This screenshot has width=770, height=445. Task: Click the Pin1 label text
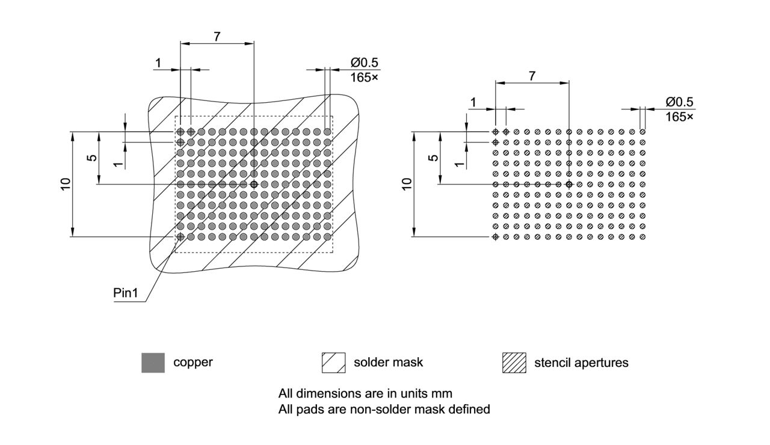[x=126, y=293]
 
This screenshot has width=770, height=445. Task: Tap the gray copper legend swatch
[x=153, y=363]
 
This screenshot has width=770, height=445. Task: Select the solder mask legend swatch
[x=333, y=363]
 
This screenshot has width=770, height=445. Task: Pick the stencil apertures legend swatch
[x=514, y=363]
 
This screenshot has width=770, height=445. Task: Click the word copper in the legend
[x=193, y=363]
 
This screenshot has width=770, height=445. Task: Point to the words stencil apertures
[x=581, y=363]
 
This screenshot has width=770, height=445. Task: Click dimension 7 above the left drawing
[x=217, y=36]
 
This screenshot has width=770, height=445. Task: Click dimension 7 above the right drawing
[x=532, y=76]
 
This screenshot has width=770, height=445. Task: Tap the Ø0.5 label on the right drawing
[x=679, y=102]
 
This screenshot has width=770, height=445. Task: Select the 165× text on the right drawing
[x=679, y=117]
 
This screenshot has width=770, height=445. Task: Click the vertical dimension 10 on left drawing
[x=66, y=184]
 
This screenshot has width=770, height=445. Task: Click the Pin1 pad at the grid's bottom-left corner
[x=180, y=237]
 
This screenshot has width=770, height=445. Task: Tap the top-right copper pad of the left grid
[x=327, y=131]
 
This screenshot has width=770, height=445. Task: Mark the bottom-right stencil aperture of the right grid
[x=642, y=237]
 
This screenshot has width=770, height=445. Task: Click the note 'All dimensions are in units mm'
[x=365, y=394]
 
